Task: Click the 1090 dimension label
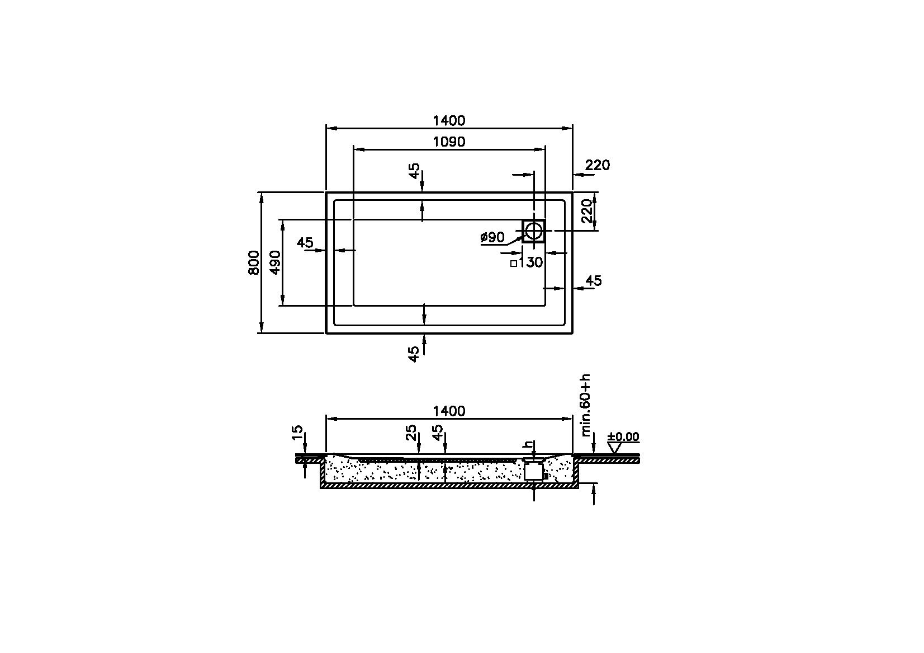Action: coord(449,142)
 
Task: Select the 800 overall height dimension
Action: coord(254,262)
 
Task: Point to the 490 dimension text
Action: coord(274,262)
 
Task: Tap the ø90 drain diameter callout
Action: coord(492,237)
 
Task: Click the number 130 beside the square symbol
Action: coord(531,262)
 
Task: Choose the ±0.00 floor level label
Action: coord(623,436)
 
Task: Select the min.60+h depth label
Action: coord(585,405)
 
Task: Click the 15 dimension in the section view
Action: coord(297,433)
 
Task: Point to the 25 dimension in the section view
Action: coord(411,433)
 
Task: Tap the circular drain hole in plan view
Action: coord(534,231)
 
